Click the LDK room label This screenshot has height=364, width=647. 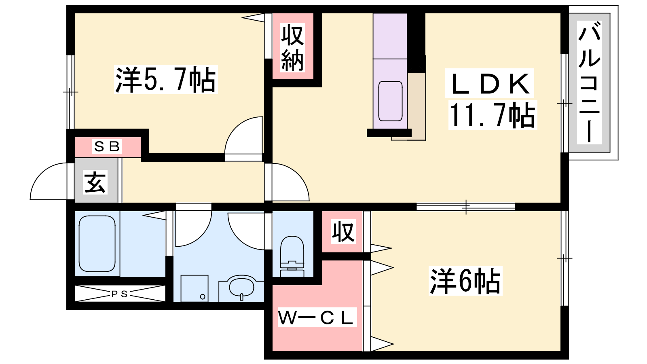click(490, 83)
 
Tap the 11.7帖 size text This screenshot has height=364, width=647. click(493, 115)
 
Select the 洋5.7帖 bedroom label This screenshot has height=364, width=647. click(166, 79)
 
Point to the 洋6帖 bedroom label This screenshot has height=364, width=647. click(465, 281)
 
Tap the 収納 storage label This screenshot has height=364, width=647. click(293, 48)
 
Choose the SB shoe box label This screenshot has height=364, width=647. click(107, 146)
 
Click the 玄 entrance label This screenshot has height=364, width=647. click(95, 182)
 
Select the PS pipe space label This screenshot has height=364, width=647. click(120, 294)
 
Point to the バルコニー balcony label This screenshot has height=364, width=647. click(589, 83)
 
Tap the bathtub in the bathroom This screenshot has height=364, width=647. click(97, 243)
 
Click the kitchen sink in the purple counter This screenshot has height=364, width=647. click(391, 101)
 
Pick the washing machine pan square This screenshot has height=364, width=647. click(195, 288)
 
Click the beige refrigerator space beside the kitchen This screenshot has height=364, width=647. click(417, 106)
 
